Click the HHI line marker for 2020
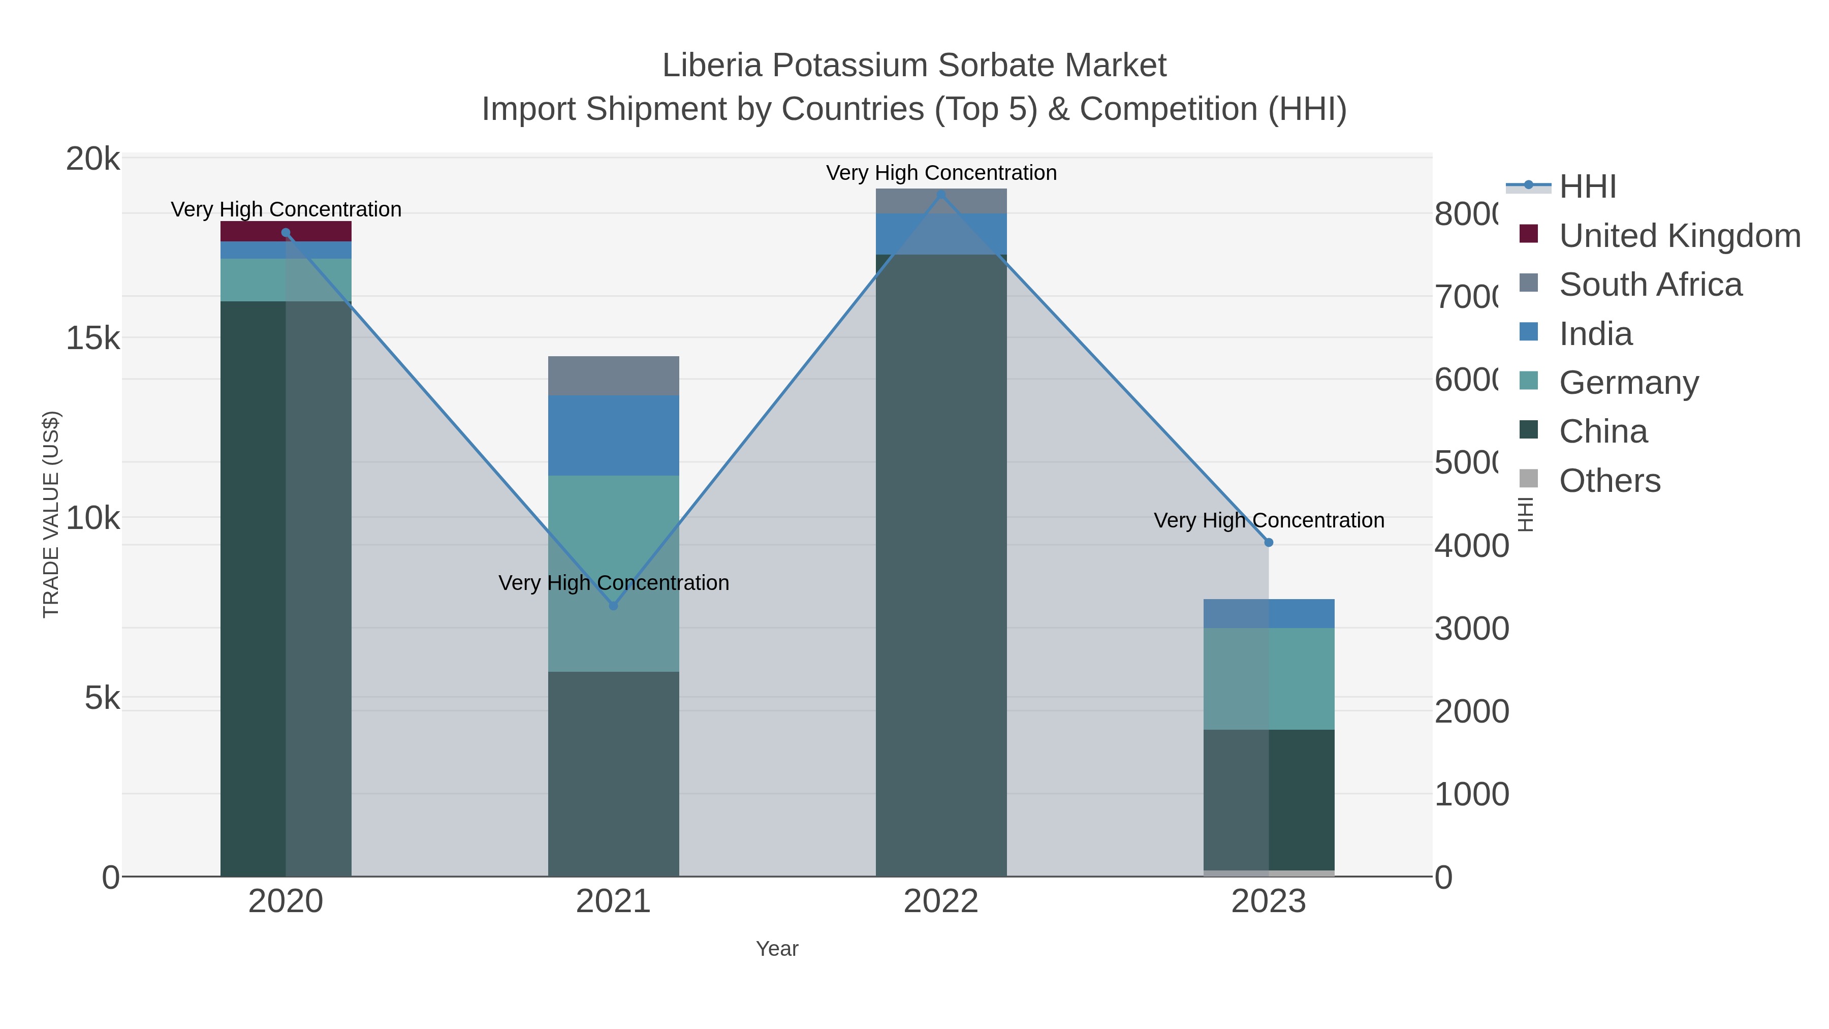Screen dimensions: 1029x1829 tap(286, 233)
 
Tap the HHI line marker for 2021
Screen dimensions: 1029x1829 tap(613, 606)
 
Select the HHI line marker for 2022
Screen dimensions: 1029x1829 tap(941, 194)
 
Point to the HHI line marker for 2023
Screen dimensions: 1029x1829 tap(1269, 543)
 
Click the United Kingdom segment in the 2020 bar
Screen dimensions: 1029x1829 tap(286, 232)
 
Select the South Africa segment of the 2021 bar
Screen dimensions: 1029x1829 tap(613, 376)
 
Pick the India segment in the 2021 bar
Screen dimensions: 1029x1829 tap(613, 435)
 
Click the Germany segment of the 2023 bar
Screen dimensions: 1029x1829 tap(1269, 678)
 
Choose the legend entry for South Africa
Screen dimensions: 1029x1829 tap(1650, 285)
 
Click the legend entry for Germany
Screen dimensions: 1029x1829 tap(1628, 383)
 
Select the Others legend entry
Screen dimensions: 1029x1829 tap(1609, 481)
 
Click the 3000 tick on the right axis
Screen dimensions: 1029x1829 tap(1471, 629)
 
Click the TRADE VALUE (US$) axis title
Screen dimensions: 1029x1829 tap(51, 514)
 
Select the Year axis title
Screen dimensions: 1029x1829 tap(777, 949)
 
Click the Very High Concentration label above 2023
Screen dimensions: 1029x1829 tap(1269, 520)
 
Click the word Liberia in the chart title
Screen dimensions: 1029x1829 tap(713, 66)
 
